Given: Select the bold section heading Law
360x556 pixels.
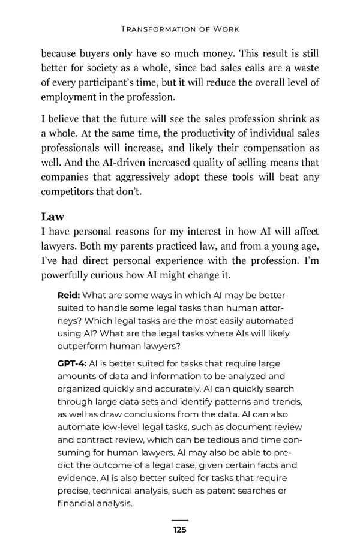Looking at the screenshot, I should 53,216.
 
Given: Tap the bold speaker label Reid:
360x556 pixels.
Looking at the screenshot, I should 69,295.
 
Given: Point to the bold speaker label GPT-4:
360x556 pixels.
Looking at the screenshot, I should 71,363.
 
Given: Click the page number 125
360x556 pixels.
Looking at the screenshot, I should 179,530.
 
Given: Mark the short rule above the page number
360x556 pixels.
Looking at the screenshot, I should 179,521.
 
